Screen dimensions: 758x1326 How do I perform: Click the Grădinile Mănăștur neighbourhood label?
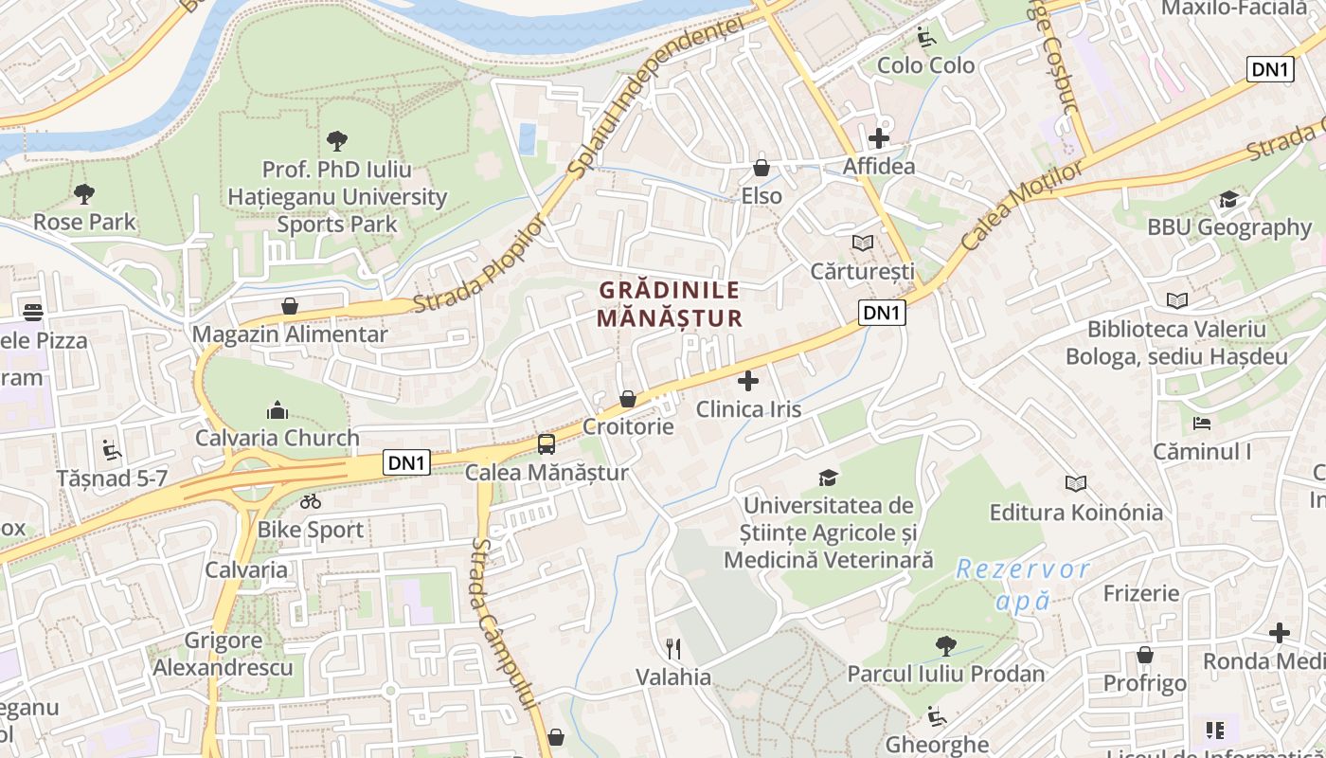click(669, 303)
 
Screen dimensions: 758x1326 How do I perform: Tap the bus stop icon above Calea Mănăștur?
click(547, 443)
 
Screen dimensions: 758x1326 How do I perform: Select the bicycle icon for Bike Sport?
click(310, 501)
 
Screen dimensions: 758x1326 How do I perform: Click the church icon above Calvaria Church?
click(278, 409)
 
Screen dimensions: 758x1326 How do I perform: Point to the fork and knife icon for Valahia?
click(673, 648)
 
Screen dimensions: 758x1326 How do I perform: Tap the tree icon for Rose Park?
click(84, 194)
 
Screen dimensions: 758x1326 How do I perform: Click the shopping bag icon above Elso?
click(762, 168)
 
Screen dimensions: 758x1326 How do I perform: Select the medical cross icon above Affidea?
click(879, 138)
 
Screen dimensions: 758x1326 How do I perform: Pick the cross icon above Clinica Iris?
click(748, 381)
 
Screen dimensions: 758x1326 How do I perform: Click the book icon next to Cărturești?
click(862, 244)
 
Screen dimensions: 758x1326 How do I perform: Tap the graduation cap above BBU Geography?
click(1228, 199)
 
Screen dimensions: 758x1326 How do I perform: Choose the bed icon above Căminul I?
click(1202, 423)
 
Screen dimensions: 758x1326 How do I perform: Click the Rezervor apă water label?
click(1023, 585)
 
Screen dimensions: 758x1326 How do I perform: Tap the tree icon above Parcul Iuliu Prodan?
click(945, 646)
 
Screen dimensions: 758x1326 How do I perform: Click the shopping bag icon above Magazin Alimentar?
click(290, 306)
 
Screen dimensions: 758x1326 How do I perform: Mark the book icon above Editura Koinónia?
click(1076, 484)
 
